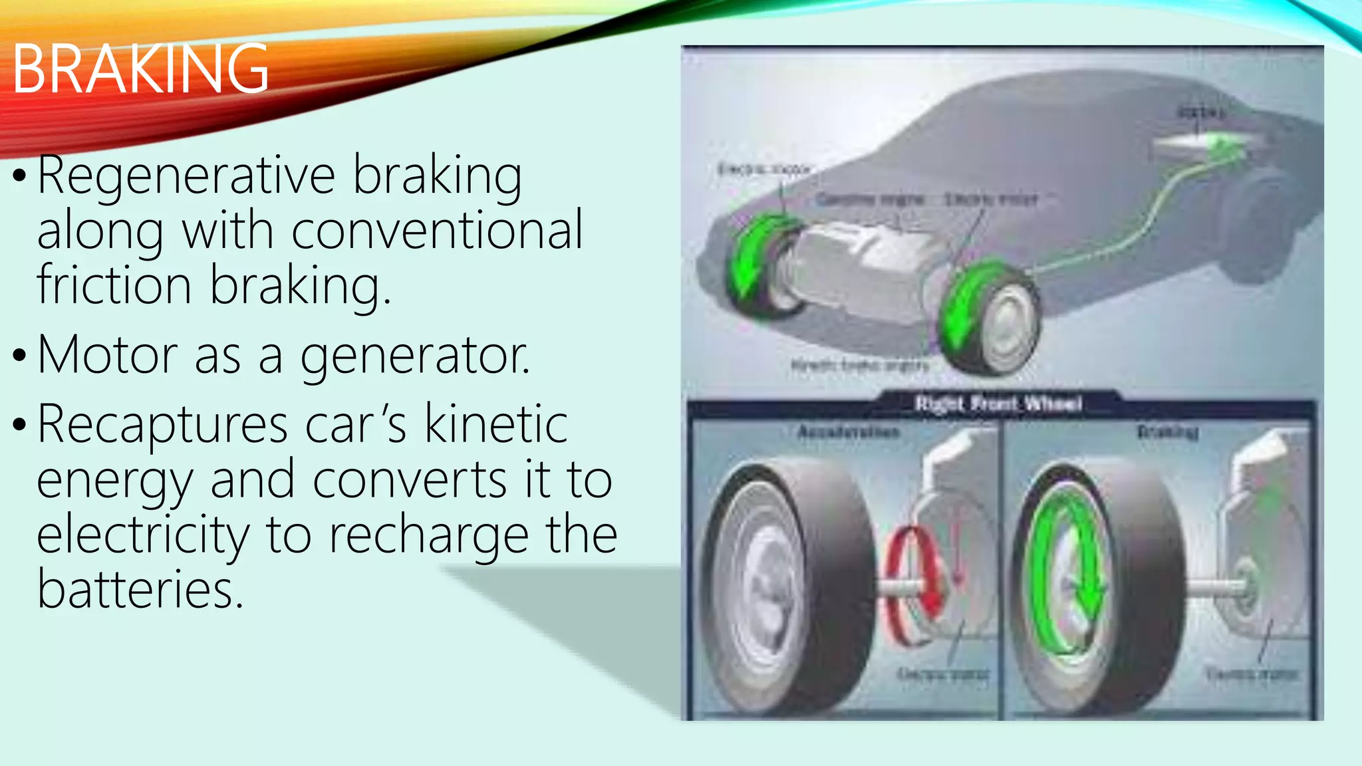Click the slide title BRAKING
(x=140, y=68)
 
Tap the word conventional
(x=437, y=231)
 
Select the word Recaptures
(x=162, y=425)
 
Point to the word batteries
(x=140, y=589)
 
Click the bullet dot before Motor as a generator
(x=19, y=355)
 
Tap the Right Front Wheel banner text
(x=998, y=404)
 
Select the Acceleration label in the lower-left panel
(x=849, y=432)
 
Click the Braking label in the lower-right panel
(x=1168, y=432)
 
